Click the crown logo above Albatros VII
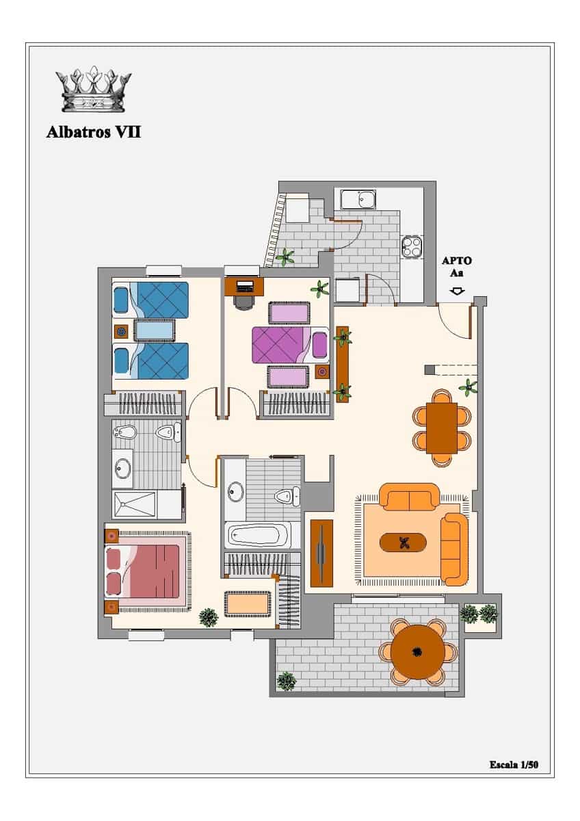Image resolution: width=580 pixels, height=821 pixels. pyautogui.click(x=94, y=89)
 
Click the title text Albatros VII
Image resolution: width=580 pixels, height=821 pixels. pyautogui.click(x=94, y=132)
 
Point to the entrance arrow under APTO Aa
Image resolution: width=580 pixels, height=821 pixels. pyautogui.click(x=456, y=291)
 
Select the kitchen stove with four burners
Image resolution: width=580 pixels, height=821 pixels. pyautogui.click(x=412, y=247)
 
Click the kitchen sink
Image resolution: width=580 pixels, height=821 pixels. pyautogui.click(x=358, y=199)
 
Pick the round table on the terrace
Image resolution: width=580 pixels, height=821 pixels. pyautogui.click(x=418, y=651)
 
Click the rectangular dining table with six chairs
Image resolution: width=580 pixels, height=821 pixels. pyautogui.click(x=442, y=428)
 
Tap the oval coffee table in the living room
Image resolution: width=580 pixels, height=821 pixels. pyautogui.click(x=403, y=543)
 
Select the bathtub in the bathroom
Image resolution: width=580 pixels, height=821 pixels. pyautogui.click(x=258, y=535)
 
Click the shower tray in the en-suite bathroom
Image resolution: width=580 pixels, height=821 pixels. pyautogui.click(x=134, y=505)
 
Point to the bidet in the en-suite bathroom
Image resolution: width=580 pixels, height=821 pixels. pyautogui.click(x=125, y=432)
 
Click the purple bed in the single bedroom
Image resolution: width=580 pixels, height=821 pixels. pyautogui.click(x=290, y=346)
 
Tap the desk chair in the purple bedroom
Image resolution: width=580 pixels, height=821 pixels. pyautogui.click(x=244, y=302)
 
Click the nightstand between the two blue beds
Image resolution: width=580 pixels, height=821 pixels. pyautogui.click(x=121, y=332)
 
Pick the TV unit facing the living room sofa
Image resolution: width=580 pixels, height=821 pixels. pyautogui.click(x=321, y=553)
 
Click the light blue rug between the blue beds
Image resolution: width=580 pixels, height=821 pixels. pyautogui.click(x=154, y=330)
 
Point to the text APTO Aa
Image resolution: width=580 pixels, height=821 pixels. pyautogui.click(x=456, y=267)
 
